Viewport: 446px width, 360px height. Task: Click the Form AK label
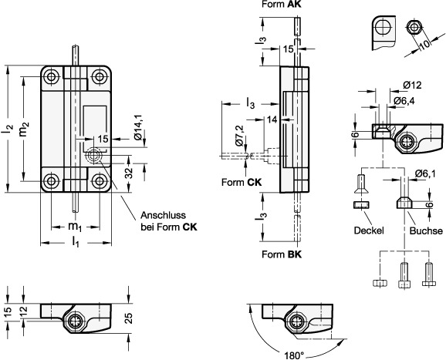[x=282, y=5]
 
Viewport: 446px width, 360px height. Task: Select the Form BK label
[x=282, y=254]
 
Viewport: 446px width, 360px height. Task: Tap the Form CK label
[x=242, y=182]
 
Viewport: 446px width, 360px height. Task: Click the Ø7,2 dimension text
[x=240, y=135]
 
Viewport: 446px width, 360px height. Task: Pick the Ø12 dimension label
[x=412, y=85]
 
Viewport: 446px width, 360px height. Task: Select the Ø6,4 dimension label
[x=404, y=100]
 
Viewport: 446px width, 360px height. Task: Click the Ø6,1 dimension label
[x=425, y=173]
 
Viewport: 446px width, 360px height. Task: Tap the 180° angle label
[x=295, y=355]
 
